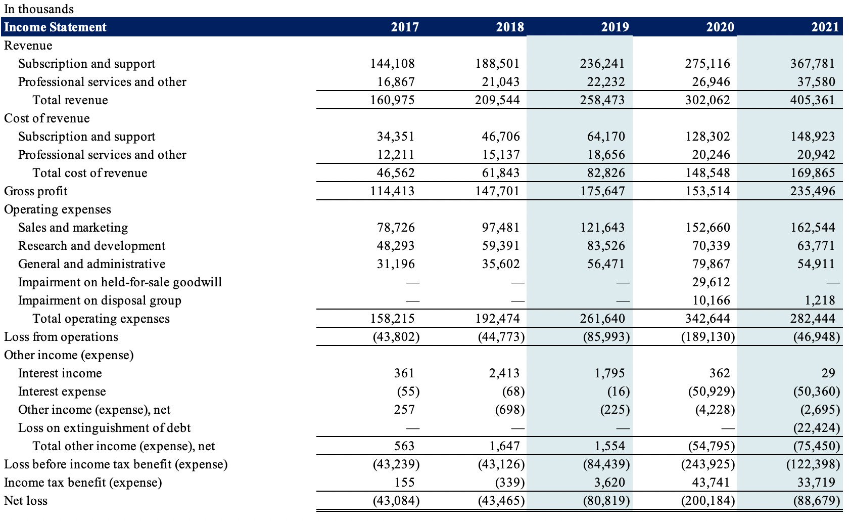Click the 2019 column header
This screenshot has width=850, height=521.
pyautogui.click(x=615, y=27)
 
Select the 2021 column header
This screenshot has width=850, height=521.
pyautogui.click(x=825, y=27)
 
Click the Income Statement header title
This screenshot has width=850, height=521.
pyautogui.click(x=56, y=27)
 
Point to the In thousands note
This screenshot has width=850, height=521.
pyautogui.click(x=39, y=9)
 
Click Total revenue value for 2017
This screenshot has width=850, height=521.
pyautogui.click(x=392, y=100)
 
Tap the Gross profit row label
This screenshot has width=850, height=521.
pyautogui.click(x=36, y=191)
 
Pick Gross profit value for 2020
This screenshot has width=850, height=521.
pyautogui.click(x=707, y=191)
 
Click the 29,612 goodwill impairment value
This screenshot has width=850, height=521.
pyautogui.click(x=711, y=282)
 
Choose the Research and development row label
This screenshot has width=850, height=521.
pyautogui.click(x=92, y=245)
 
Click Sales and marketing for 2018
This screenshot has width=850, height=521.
pyautogui.click(x=500, y=227)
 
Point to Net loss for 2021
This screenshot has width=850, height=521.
pyautogui.click(x=816, y=500)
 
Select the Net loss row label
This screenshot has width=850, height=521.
pyautogui.click(x=26, y=500)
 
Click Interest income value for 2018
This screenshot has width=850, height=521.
pyautogui.click(x=504, y=373)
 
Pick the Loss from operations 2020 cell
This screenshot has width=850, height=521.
pyautogui.click(x=707, y=336)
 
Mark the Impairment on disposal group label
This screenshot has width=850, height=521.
pyautogui.click(x=100, y=300)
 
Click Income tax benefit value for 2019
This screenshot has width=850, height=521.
pyautogui.click(x=609, y=482)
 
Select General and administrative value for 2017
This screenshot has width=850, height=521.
pyautogui.click(x=395, y=264)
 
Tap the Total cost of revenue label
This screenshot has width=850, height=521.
pyautogui.click(x=90, y=172)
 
